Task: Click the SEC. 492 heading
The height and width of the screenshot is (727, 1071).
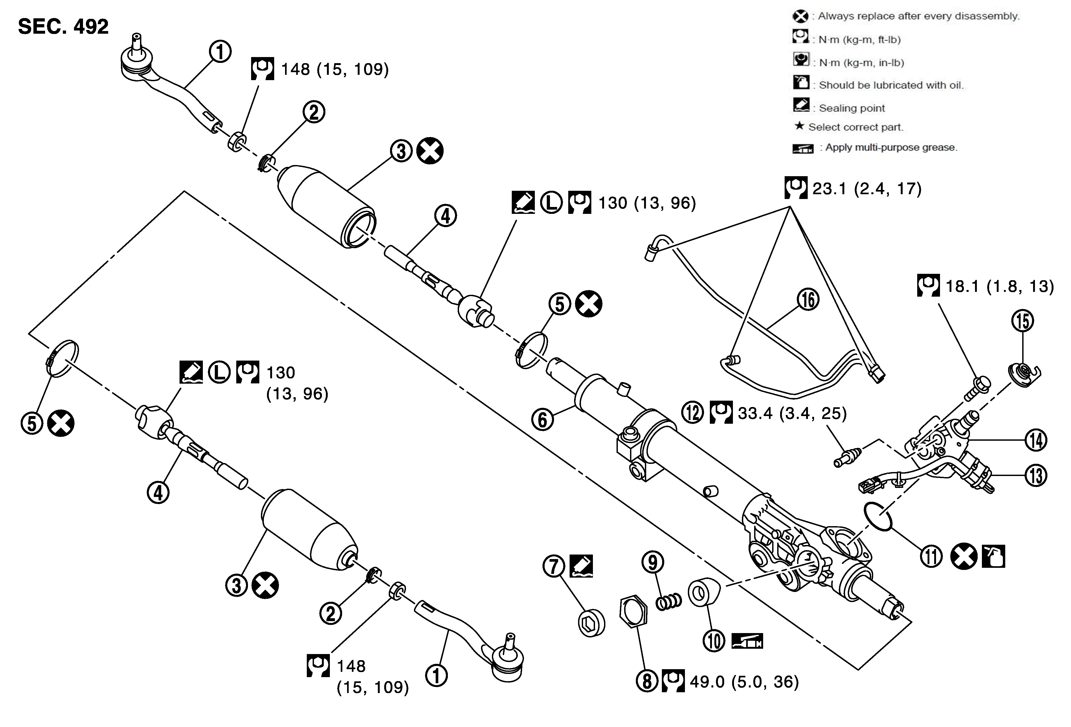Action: (x=63, y=27)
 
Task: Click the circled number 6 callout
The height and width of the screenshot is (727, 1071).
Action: (x=543, y=419)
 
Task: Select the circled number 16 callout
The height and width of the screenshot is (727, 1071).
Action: (x=808, y=300)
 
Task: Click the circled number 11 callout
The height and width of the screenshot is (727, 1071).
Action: (x=931, y=556)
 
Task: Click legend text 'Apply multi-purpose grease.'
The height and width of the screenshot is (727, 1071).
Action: (x=891, y=148)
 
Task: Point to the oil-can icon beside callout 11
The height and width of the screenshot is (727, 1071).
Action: (x=993, y=556)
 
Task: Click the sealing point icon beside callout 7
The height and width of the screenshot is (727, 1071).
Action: (x=581, y=566)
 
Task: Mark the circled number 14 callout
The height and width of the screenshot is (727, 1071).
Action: (x=1035, y=440)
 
